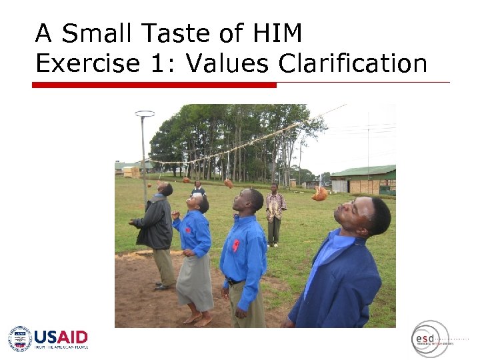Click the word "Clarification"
[353, 63]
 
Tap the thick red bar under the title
[154, 85]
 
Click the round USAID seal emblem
[20, 339]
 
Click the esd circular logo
[429, 339]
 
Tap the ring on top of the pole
[145, 114]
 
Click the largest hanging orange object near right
[321, 194]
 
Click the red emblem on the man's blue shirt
[236, 245]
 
